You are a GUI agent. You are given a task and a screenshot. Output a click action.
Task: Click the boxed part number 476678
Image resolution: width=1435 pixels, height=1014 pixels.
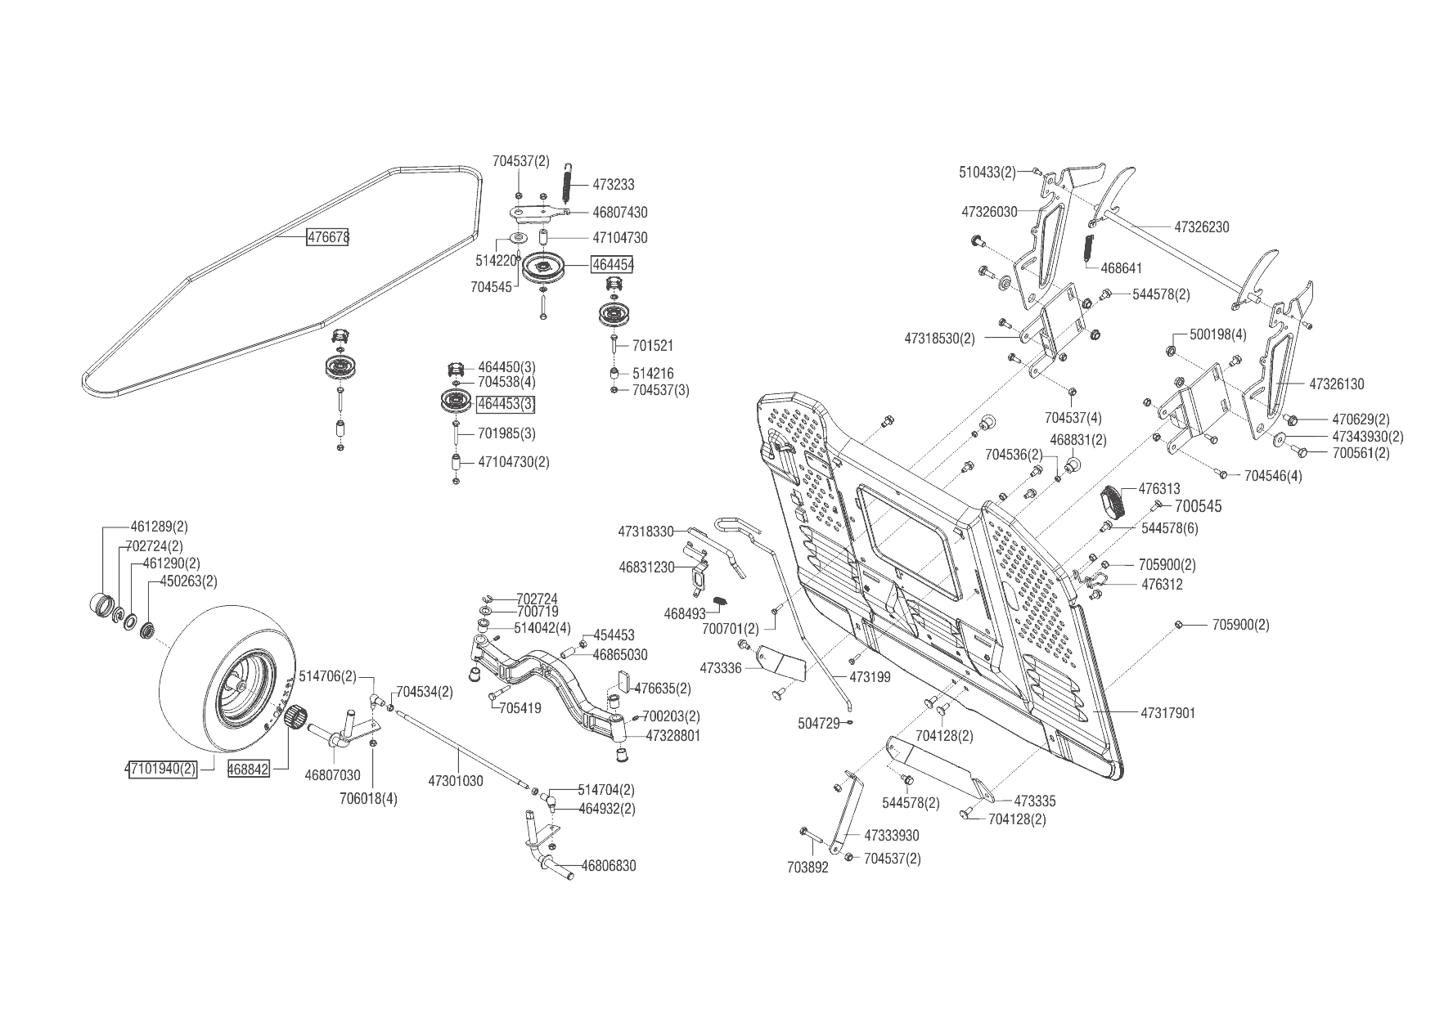coord(328,237)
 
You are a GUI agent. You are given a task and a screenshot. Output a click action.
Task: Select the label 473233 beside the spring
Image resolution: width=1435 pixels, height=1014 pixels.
coord(613,185)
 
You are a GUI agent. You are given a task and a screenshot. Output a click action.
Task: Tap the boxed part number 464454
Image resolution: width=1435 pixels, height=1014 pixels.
coord(613,265)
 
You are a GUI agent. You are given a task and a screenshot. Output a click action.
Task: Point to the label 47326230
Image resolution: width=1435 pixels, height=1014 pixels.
coord(1201,227)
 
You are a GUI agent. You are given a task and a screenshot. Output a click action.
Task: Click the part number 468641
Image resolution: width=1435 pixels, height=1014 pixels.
coord(1122,267)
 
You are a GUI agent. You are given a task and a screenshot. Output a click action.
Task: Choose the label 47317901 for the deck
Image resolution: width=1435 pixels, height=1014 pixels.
coord(1167,713)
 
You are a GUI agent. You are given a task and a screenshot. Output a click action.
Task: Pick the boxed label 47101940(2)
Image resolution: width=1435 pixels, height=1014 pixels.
coord(161,769)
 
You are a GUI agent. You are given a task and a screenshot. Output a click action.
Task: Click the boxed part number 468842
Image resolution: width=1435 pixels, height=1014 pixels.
coord(249,769)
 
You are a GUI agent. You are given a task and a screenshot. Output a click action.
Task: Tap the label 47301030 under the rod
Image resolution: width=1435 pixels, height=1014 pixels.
coord(456,781)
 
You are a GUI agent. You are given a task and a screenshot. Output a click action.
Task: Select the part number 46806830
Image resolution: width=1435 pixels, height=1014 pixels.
coord(608,866)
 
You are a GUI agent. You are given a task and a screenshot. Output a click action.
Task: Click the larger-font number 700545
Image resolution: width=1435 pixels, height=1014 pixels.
coord(1198,507)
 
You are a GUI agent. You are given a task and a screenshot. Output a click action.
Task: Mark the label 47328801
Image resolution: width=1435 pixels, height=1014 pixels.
coord(673,735)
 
